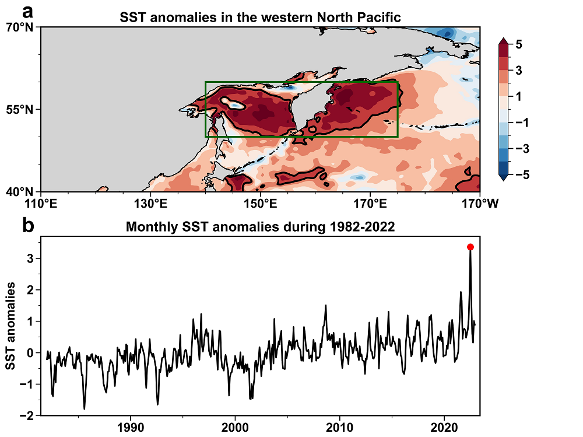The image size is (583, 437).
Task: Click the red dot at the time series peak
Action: (x=470, y=247)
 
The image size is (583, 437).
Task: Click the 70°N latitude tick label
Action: (x=20, y=27)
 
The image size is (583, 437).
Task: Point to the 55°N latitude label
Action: (x=20, y=109)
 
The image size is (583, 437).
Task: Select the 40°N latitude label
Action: (x=20, y=191)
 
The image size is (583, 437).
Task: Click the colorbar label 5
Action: (x=518, y=43)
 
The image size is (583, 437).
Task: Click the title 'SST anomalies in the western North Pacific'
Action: (x=260, y=17)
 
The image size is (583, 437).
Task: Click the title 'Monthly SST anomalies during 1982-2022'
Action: (x=261, y=228)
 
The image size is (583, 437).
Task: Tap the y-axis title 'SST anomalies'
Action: (x=11, y=326)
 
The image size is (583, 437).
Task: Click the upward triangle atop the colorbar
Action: (x=504, y=41)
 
